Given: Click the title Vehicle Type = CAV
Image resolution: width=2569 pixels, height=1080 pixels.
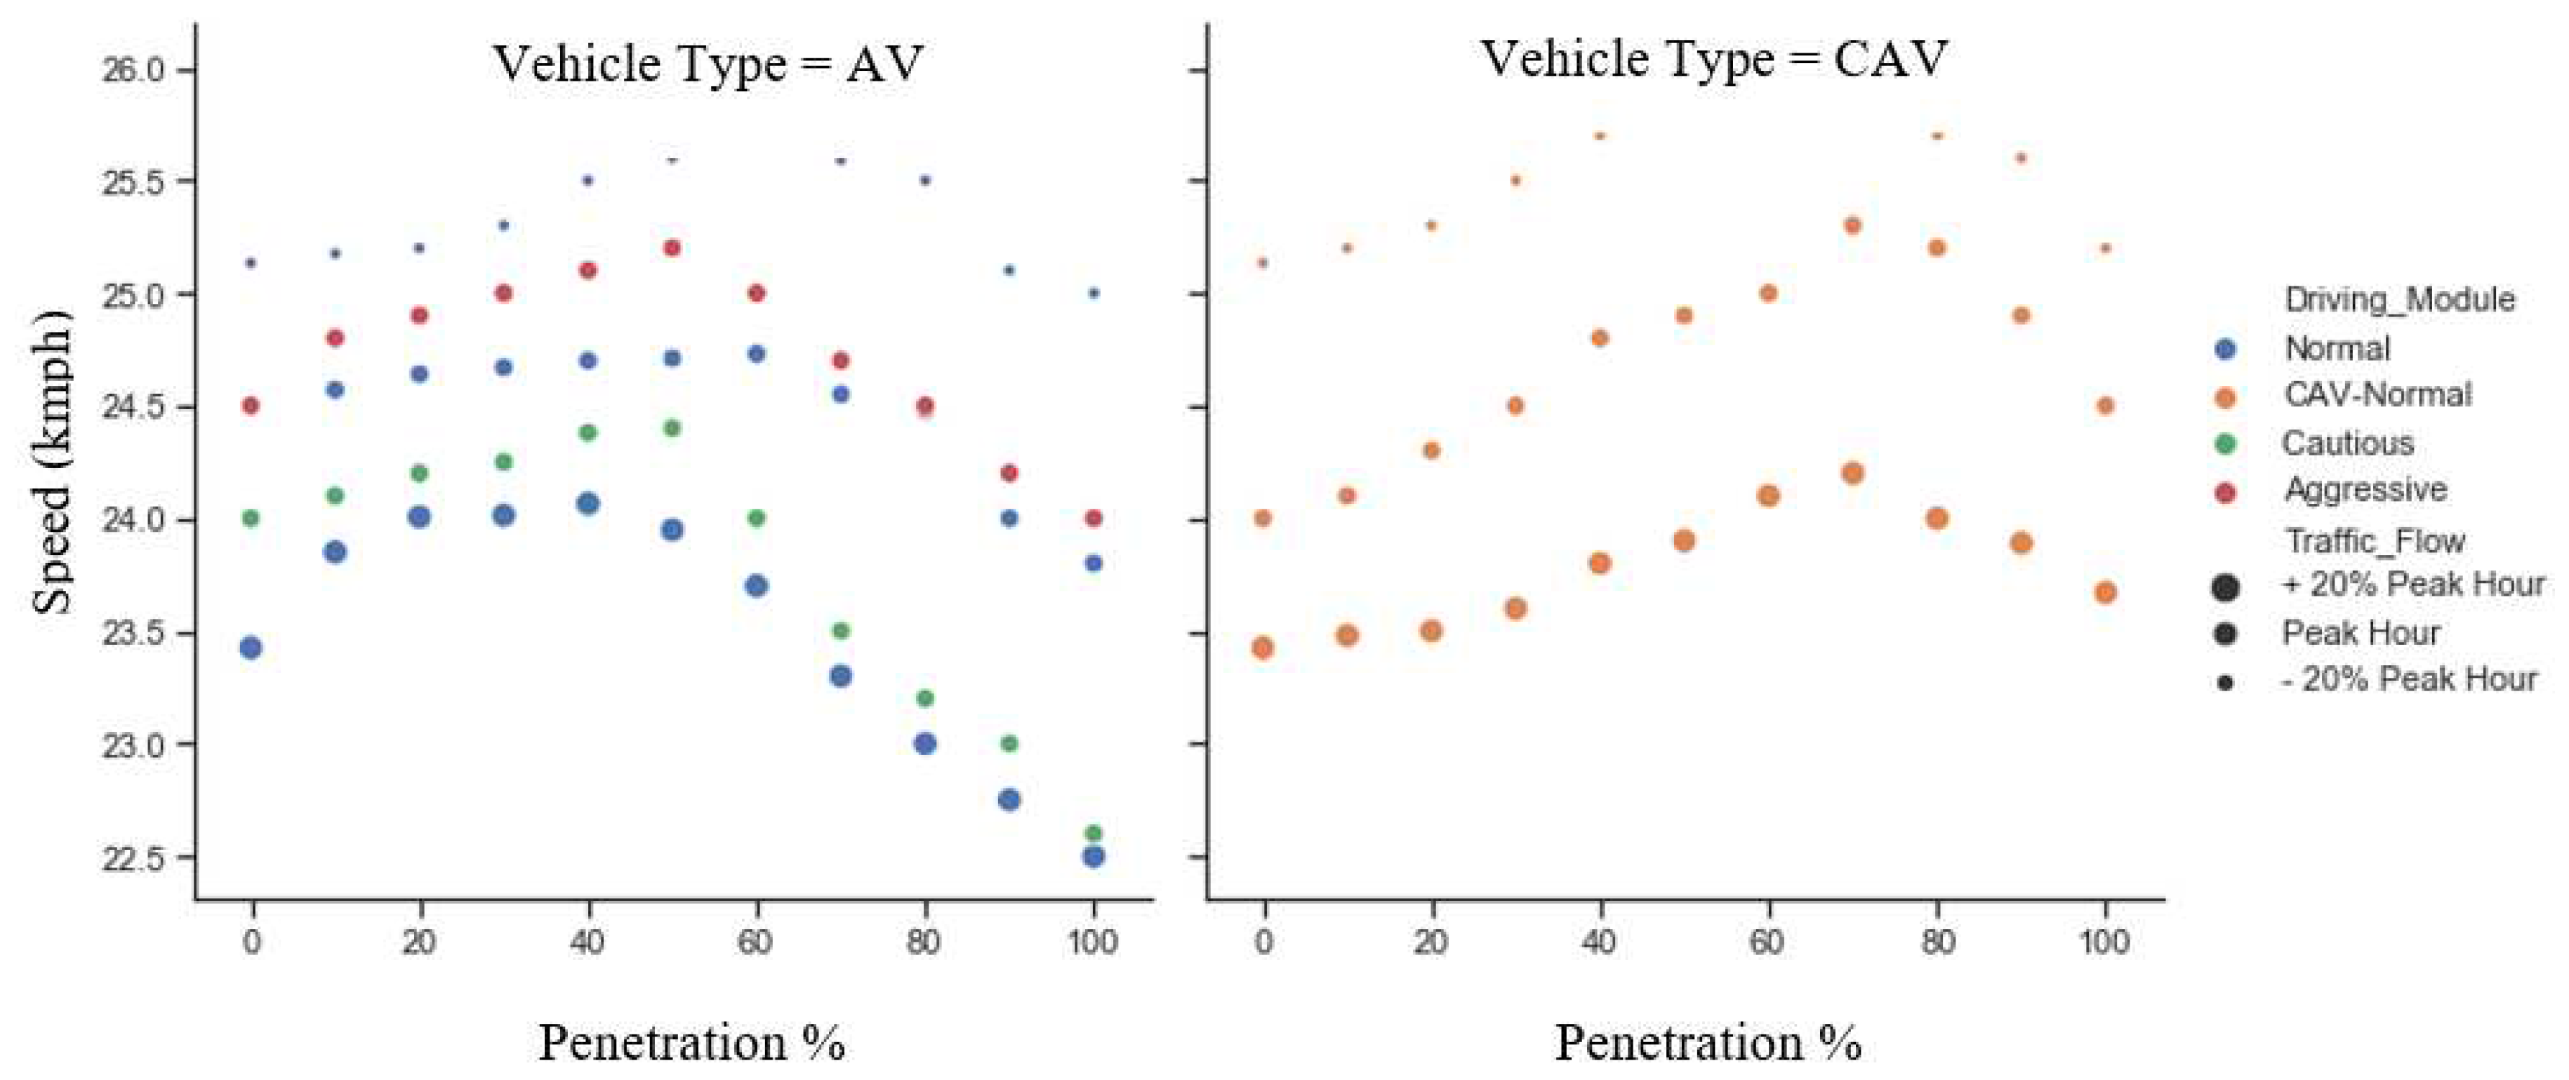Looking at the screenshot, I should (1713, 59).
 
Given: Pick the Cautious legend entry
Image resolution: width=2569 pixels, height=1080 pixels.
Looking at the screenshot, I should (2346, 444).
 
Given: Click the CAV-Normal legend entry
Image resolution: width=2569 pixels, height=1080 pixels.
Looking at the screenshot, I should (2377, 395).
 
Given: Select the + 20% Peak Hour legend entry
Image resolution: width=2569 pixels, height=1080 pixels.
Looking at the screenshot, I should (2412, 585).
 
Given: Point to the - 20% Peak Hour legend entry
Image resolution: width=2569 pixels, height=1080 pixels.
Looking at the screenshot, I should (2408, 680).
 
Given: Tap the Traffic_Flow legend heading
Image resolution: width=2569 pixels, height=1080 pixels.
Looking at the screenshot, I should (2375, 542).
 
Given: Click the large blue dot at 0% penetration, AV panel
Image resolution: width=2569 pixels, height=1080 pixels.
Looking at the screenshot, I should (251, 648).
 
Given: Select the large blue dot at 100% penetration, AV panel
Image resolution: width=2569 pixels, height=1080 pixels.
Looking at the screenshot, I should (1093, 857).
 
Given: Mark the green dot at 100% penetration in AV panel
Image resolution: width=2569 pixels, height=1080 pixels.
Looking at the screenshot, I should (1093, 833).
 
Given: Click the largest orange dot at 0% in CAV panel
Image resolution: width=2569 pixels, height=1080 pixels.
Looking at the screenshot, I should (1263, 648).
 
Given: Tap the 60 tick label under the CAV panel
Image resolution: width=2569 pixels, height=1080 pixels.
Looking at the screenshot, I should (1767, 942).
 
